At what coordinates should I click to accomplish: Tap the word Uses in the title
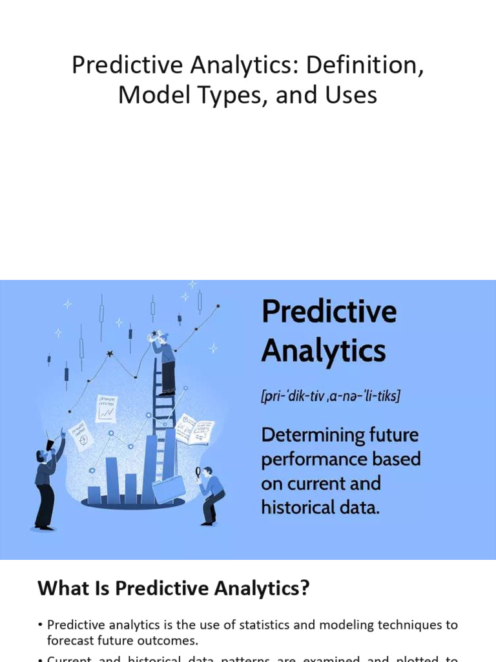tap(352, 96)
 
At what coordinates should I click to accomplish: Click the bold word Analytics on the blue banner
tap(323, 351)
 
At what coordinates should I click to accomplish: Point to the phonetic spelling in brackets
tap(330, 396)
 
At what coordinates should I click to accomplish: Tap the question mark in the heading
tap(305, 588)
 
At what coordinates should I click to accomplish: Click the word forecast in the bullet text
tap(72, 641)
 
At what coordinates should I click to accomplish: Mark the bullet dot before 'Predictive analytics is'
tap(40, 625)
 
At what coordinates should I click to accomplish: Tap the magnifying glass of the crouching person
tap(198, 473)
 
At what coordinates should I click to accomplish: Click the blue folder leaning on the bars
tap(168, 490)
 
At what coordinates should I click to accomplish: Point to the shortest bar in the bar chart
tap(94, 495)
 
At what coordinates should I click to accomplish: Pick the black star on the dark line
tap(110, 354)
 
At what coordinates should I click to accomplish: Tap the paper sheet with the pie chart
tap(81, 434)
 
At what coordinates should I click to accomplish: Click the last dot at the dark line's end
tap(218, 306)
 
